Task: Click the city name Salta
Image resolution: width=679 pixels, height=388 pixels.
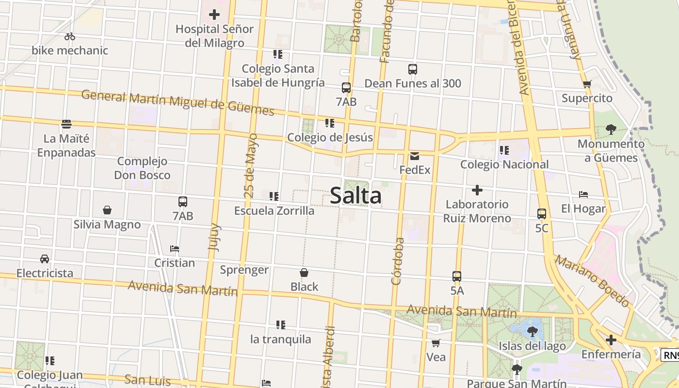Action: [356, 196]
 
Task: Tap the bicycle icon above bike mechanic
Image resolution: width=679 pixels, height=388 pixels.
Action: [70, 36]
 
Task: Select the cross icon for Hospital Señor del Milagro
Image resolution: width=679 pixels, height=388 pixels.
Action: [214, 15]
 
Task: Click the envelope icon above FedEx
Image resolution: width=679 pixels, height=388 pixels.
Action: [415, 156]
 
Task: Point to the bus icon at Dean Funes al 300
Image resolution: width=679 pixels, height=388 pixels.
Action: [413, 69]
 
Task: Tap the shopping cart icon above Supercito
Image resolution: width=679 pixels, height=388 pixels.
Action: [587, 84]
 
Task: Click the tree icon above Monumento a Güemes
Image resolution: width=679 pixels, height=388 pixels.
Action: [611, 129]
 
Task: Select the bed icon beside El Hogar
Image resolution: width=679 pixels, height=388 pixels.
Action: [583, 194]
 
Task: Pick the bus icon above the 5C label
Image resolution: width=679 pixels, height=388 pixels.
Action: [542, 214]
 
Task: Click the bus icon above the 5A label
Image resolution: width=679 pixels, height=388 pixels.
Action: [457, 276]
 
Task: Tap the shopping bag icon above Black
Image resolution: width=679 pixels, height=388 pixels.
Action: [304, 273]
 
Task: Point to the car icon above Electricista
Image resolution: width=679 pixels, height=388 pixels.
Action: [45, 259]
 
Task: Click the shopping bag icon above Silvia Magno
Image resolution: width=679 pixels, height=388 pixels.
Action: [107, 210]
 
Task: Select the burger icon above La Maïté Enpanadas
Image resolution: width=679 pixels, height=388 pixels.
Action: [66, 124]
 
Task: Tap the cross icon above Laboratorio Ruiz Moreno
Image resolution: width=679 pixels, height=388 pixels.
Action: [477, 190]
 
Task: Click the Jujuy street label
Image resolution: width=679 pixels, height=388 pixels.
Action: [214, 237]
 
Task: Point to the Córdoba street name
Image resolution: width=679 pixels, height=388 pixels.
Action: [397, 261]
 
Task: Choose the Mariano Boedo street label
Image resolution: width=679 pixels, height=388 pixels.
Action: [593, 282]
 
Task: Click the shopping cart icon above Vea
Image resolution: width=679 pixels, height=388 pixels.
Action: [436, 343]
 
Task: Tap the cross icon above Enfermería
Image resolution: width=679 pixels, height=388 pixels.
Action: [611, 340]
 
